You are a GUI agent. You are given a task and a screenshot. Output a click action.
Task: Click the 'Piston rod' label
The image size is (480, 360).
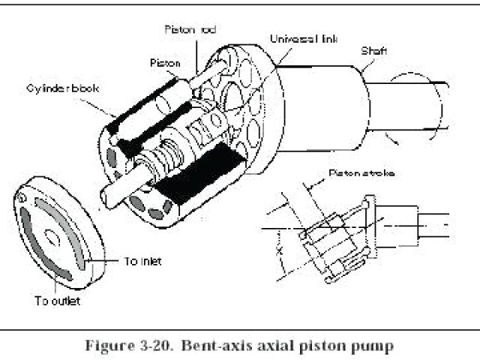pos(191,30)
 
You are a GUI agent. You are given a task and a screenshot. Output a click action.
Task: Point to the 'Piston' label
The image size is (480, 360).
pos(165,64)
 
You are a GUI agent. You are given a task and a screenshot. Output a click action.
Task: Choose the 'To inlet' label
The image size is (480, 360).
pos(143,261)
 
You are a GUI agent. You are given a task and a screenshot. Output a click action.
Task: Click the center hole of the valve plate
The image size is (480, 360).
pos(52,236)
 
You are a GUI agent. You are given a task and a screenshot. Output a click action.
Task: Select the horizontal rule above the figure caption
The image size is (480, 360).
pos(240,328)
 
